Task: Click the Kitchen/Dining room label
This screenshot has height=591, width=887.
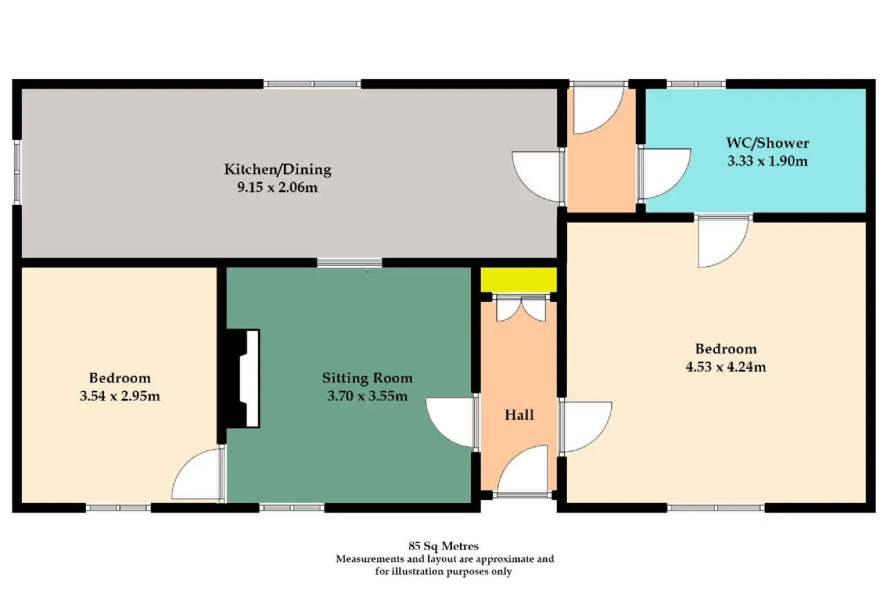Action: click(278, 170)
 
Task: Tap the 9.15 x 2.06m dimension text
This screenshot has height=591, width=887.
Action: click(278, 187)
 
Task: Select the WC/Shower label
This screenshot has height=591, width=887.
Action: click(767, 143)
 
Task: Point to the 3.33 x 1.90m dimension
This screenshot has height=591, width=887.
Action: click(767, 161)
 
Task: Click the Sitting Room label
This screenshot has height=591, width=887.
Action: click(367, 378)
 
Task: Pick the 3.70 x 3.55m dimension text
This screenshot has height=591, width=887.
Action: click(367, 396)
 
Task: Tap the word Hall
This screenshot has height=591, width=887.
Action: click(519, 415)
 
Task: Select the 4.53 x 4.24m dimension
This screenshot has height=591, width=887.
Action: click(726, 367)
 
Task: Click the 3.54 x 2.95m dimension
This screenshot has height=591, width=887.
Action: click(120, 396)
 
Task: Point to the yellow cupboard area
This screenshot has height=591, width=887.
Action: click(519, 280)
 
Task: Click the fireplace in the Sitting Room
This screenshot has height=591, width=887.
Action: click(243, 379)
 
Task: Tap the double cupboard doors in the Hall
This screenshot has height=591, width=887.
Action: click(521, 308)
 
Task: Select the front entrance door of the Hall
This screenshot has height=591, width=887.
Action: click(522, 471)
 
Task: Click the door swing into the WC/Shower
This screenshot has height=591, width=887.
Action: click(664, 174)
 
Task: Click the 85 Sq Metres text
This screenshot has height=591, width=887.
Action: click(443, 546)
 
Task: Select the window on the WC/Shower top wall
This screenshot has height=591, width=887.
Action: click(696, 84)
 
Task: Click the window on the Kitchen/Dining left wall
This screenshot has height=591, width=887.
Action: click(17, 173)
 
